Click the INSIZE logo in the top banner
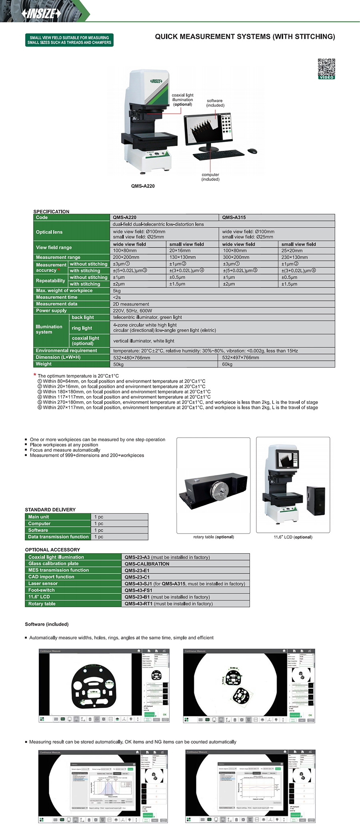coord(41,13)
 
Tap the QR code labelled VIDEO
coord(326,68)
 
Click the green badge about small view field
coord(69,40)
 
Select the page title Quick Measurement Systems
coord(245,37)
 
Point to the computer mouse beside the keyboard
coord(252,151)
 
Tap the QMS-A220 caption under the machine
coord(143,186)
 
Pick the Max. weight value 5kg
coord(117,291)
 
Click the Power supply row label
coord(51,310)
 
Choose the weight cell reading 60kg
coord(227,364)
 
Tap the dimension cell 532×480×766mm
coord(132,358)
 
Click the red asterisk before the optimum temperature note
coord(35,375)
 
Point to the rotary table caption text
coord(214,537)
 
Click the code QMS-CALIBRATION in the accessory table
coord(147,564)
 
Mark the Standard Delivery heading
coord(50,510)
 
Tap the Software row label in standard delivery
coord(38,530)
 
